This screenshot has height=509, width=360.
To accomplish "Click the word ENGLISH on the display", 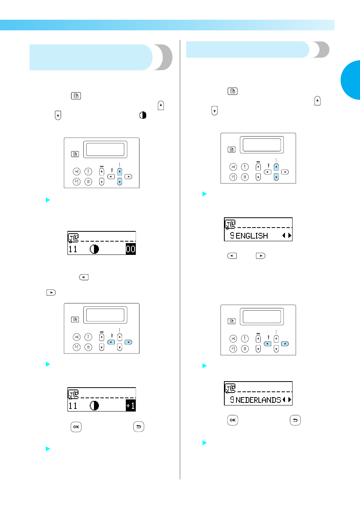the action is (x=252, y=236).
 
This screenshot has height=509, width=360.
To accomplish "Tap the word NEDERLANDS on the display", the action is (x=258, y=400).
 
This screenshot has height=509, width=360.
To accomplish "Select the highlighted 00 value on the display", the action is (x=131, y=249).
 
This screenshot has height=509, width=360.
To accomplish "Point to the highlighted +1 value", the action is (x=131, y=405).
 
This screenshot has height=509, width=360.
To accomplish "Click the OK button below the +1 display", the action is (x=76, y=427).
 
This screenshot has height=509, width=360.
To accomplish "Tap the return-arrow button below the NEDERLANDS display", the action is (x=295, y=420).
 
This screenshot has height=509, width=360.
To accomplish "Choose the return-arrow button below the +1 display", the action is (x=139, y=427).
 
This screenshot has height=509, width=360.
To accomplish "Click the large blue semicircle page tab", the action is (x=351, y=80).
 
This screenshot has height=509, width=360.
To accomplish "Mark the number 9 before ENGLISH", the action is (x=232, y=236).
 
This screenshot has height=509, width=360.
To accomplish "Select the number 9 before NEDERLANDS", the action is (x=232, y=400).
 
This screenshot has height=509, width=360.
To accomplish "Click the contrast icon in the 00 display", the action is (x=94, y=249).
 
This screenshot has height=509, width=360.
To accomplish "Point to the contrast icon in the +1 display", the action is (x=94, y=405).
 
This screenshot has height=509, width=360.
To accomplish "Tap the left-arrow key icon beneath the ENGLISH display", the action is (x=232, y=256).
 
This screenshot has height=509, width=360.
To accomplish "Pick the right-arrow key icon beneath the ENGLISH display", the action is (x=261, y=256).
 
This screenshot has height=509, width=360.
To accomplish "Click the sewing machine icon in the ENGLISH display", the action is (x=230, y=225).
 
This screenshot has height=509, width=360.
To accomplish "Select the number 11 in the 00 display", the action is (x=73, y=249).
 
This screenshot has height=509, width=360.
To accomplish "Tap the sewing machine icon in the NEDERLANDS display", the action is (x=230, y=388).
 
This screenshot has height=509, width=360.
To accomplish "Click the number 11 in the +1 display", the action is (x=73, y=406).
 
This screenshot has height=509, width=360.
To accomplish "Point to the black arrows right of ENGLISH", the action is (x=287, y=236).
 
